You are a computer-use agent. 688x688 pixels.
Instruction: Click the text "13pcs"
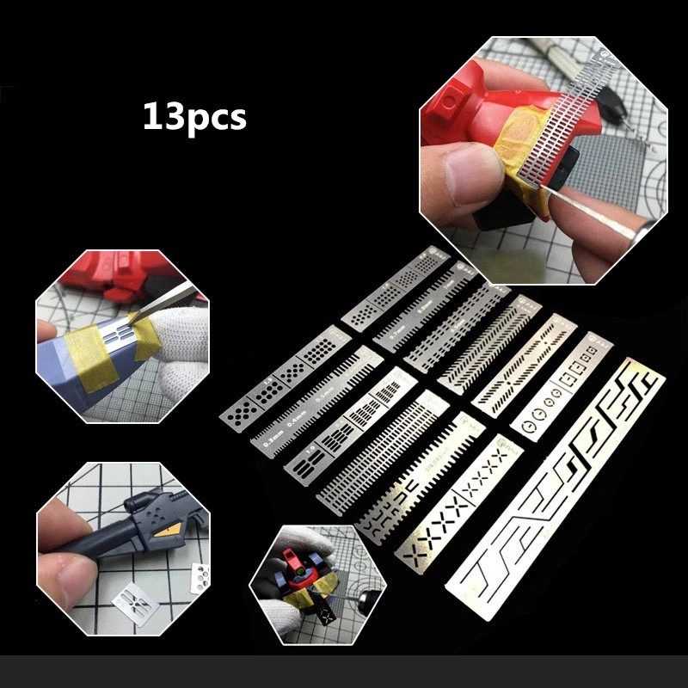click(194, 115)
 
